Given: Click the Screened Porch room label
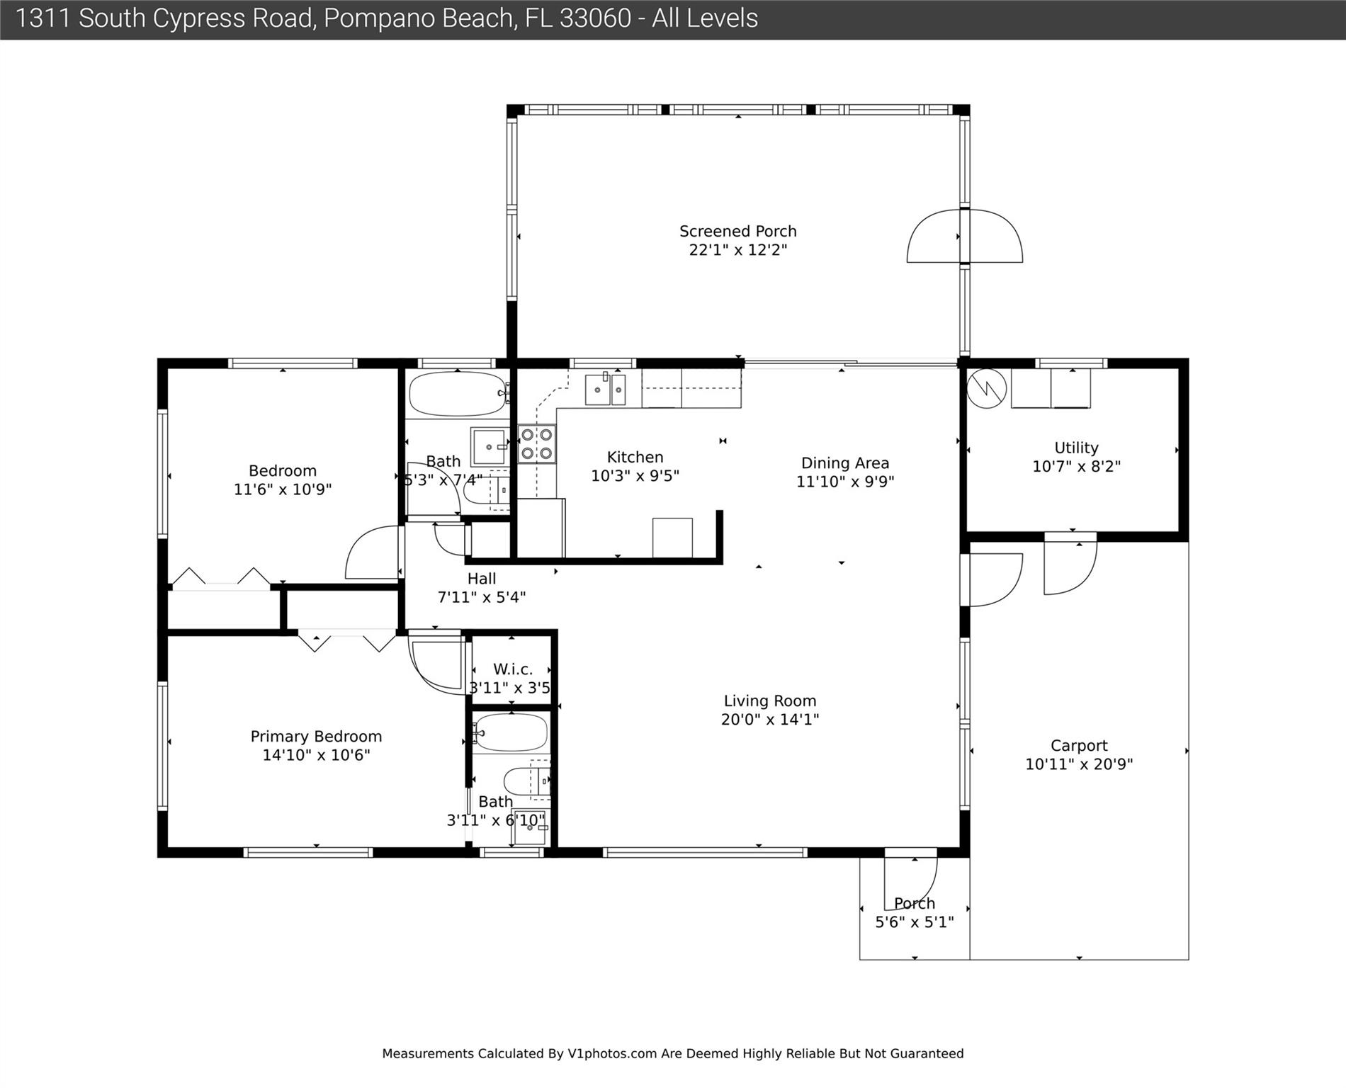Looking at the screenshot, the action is click(737, 232).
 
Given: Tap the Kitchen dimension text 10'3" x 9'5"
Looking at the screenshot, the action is click(635, 476).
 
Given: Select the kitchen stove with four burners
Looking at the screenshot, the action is click(536, 443).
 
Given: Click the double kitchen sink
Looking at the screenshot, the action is click(605, 389).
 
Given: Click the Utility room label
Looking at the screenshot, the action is click(1076, 448).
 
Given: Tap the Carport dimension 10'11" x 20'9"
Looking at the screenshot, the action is click(1079, 764).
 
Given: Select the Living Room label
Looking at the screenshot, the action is click(769, 701).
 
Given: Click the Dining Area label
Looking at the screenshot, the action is click(844, 463).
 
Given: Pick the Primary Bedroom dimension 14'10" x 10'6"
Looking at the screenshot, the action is click(316, 755).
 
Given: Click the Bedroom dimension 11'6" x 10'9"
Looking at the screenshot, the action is click(283, 489).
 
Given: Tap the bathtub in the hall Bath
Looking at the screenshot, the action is click(458, 394).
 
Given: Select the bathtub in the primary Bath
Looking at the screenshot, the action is click(510, 733).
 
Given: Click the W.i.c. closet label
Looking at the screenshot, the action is click(512, 669).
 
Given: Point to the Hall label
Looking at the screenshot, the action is click(482, 579).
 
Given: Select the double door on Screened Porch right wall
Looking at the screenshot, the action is click(965, 236).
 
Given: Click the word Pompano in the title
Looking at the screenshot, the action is click(369, 18).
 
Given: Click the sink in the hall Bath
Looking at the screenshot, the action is click(489, 446).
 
